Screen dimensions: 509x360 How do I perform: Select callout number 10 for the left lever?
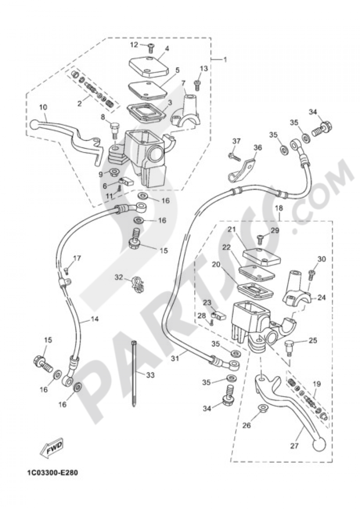[x=43, y=107]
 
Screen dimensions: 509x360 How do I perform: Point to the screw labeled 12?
[x=151, y=46]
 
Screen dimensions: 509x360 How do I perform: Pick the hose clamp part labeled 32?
[x=136, y=283]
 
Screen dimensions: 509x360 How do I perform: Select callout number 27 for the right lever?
[x=294, y=446]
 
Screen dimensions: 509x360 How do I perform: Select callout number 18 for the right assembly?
[x=279, y=209]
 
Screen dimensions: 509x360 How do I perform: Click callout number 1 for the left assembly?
[x=225, y=60]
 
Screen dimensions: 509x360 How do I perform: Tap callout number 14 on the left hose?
[x=95, y=319]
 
